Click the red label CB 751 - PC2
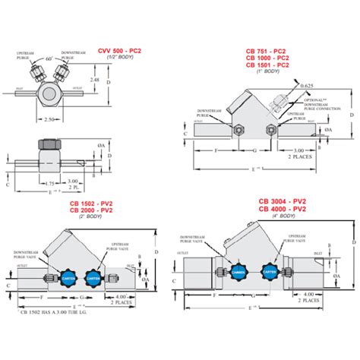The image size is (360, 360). pos(267,52)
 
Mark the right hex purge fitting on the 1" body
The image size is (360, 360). pos(271,131)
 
